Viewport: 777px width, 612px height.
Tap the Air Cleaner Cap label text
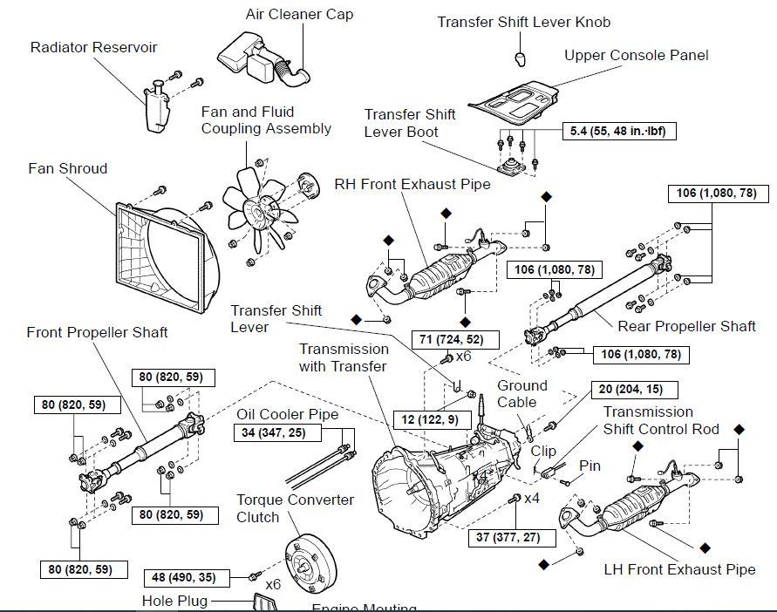click(x=299, y=15)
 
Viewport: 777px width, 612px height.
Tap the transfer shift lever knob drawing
click(x=521, y=58)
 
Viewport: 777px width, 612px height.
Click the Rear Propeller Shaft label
click(x=686, y=326)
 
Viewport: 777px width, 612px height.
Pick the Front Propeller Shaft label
click(x=97, y=332)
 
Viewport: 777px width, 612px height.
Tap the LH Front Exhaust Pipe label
click(x=679, y=570)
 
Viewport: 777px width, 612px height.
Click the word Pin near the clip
click(x=590, y=466)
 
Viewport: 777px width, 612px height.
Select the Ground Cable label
click(x=522, y=393)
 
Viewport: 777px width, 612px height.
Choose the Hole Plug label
click(x=176, y=601)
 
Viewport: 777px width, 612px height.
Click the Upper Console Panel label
click(x=636, y=55)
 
